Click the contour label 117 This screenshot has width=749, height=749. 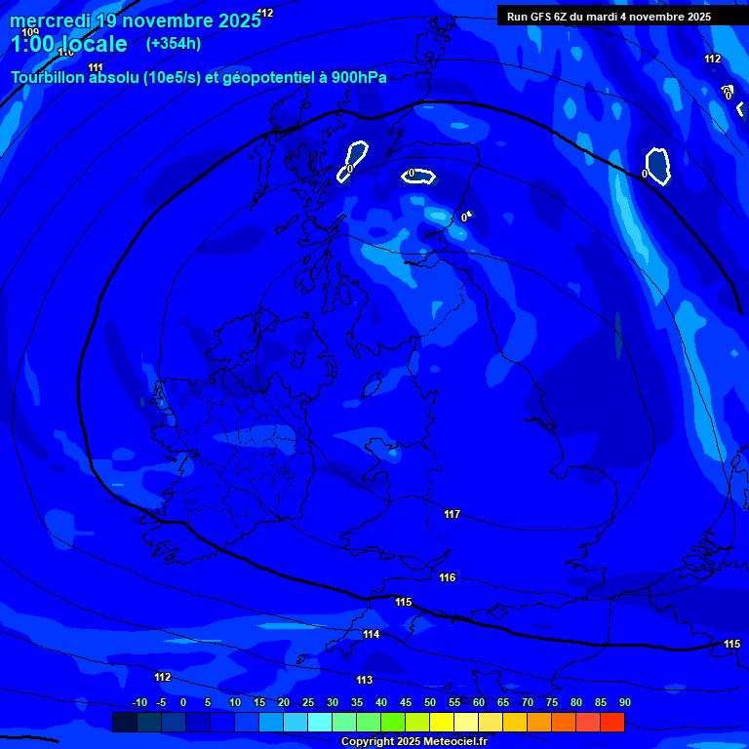(x=452, y=514)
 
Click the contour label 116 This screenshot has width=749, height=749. (x=448, y=578)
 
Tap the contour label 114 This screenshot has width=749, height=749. (x=372, y=635)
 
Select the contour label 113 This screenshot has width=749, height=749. (x=364, y=680)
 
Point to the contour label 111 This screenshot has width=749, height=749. (x=96, y=67)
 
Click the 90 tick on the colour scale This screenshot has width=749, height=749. (x=624, y=703)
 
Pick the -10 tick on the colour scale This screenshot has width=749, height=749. (x=138, y=703)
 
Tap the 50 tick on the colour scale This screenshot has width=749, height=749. (x=430, y=703)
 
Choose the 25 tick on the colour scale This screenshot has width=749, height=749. (x=308, y=703)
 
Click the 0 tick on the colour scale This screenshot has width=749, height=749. (x=183, y=703)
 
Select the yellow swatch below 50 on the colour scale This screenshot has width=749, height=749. (x=442, y=722)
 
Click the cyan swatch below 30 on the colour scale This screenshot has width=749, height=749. (x=320, y=722)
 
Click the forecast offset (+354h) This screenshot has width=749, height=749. (x=174, y=43)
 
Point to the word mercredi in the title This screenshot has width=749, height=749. (x=50, y=20)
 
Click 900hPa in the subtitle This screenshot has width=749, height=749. (x=359, y=78)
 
